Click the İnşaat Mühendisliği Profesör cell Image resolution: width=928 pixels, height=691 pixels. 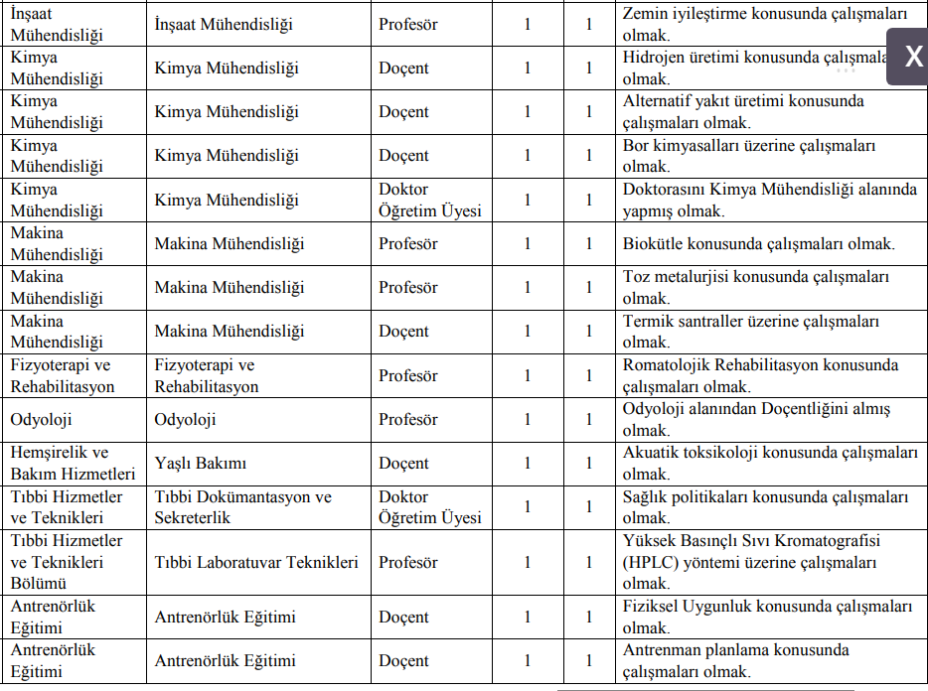[407, 24]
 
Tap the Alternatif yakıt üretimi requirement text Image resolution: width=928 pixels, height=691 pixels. [743, 111]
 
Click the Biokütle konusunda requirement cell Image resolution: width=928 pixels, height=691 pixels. [759, 243]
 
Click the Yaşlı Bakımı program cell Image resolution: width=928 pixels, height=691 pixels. [201, 463]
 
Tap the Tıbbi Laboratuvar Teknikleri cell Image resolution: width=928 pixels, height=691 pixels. [256, 562]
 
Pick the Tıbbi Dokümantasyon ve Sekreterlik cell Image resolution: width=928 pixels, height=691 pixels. [242, 506]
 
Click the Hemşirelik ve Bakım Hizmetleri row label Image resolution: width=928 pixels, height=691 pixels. [73, 463]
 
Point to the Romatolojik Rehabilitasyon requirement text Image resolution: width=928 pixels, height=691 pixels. [760, 375]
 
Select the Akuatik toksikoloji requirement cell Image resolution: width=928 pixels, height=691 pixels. [770, 463]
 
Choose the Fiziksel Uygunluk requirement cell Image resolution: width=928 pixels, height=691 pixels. [767, 616]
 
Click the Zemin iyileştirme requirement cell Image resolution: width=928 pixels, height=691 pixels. [765, 24]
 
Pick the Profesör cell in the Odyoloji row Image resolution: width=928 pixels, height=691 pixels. [407, 419]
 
